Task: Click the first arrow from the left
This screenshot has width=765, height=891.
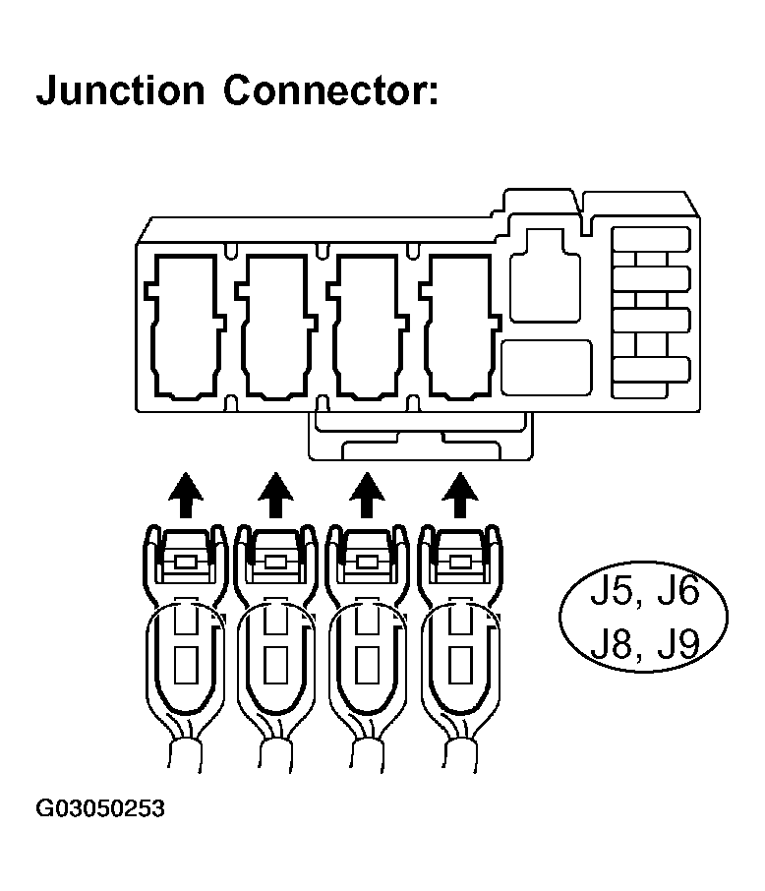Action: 182,493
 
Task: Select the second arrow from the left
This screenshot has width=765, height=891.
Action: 275,493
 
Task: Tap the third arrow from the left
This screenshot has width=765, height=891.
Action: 367,493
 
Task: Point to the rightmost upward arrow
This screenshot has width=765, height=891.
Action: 456,493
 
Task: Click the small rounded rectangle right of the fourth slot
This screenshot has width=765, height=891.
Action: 546,367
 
